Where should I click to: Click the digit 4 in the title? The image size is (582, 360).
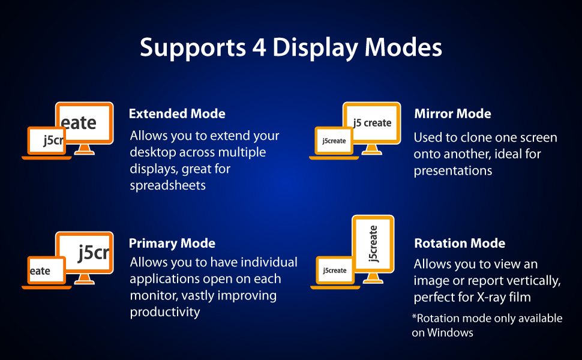coord(259,48)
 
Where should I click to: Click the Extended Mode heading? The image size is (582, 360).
coord(177,113)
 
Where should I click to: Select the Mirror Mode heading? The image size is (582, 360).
coord(452,113)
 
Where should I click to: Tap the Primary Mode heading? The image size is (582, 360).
coord(172,244)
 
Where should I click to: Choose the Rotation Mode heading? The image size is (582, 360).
coord(460,244)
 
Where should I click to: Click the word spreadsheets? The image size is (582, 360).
coord(168,185)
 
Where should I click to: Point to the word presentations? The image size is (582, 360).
coord(453,171)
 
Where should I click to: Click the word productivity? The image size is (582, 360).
coord(165,312)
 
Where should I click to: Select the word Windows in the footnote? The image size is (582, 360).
coord(450,332)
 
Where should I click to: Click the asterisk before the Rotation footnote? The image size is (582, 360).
coord(414,317)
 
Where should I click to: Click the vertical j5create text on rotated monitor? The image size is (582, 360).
coord(373,244)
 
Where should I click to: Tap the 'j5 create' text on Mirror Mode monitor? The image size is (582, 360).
coord(372,123)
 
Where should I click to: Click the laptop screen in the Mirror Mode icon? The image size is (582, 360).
coord(334,141)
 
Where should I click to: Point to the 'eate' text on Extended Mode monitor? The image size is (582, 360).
coord(79,123)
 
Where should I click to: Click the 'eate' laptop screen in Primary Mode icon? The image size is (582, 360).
coord(47,271)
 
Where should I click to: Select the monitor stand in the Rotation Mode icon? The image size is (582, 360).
coord(373,278)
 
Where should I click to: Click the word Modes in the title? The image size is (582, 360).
coord(403,48)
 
